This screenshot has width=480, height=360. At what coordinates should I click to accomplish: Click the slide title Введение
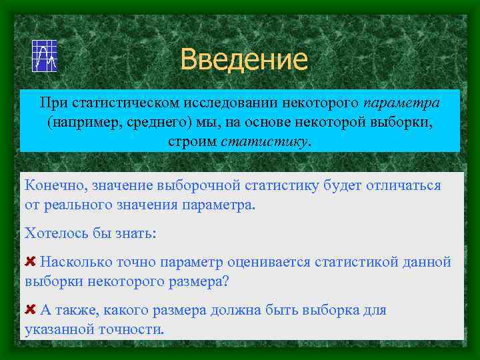[243, 59]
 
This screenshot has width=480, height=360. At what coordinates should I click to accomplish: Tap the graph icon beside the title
[45, 55]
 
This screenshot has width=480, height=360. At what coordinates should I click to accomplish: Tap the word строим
[193, 142]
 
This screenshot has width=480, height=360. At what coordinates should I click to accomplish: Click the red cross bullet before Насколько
[30, 261]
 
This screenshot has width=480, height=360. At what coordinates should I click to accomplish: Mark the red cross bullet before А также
[30, 309]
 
